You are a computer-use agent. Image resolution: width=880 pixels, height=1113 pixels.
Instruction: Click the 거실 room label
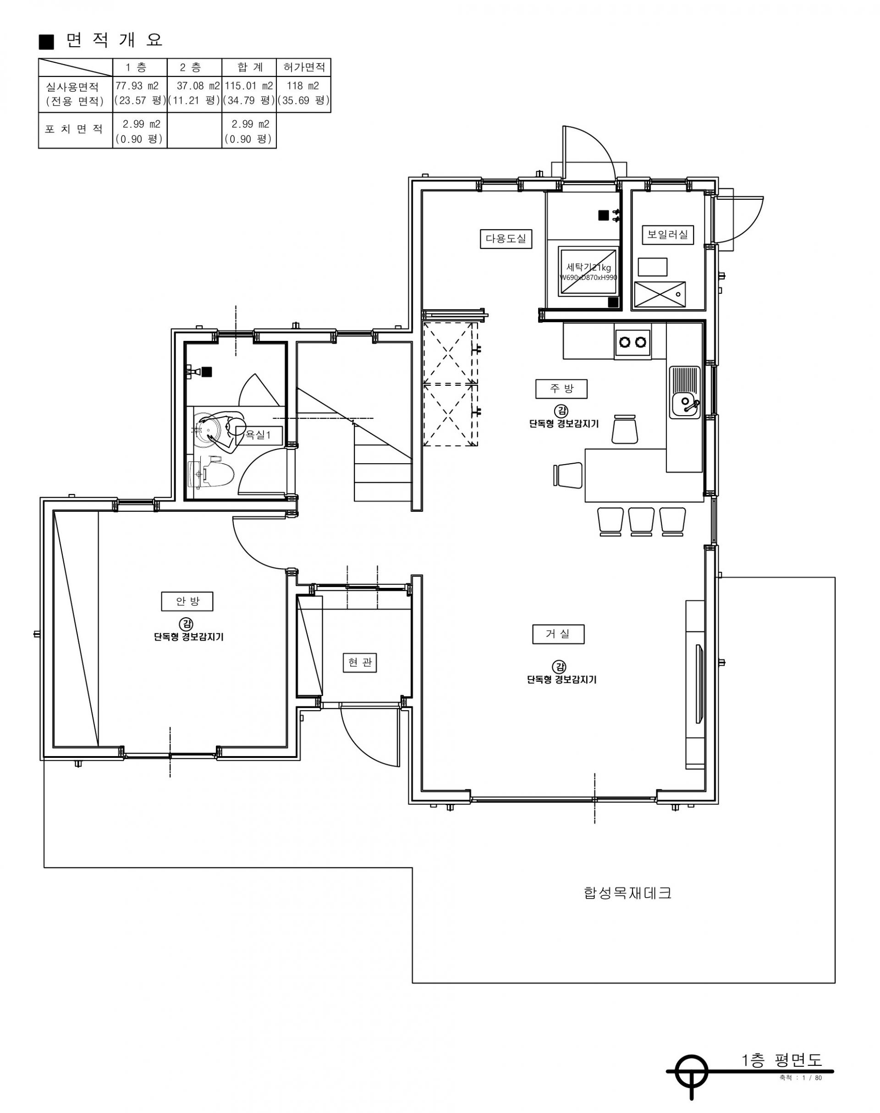pos(558,634)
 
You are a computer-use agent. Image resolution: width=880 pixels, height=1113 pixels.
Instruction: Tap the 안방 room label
pos(187,601)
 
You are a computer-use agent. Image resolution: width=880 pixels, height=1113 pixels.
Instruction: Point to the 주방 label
pos(561,389)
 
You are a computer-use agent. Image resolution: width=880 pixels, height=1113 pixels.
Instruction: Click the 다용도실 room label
pos(506,239)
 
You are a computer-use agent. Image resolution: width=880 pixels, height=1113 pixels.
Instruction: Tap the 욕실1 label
pos(259,435)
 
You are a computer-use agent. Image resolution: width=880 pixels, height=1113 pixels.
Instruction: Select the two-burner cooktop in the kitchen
pos(632,341)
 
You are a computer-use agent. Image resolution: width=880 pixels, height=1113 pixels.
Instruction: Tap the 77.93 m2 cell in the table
pos(137,86)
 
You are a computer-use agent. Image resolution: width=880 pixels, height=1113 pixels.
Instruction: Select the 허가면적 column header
pos(304,67)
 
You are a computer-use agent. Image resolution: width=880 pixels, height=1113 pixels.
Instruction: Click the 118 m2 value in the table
pos(303,86)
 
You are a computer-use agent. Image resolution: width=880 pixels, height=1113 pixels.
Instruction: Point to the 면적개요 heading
pos(101,40)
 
